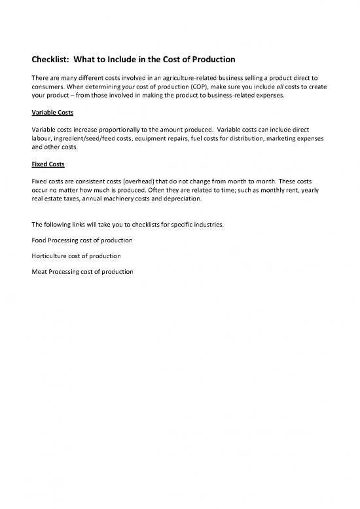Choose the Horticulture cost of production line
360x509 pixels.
70,255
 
